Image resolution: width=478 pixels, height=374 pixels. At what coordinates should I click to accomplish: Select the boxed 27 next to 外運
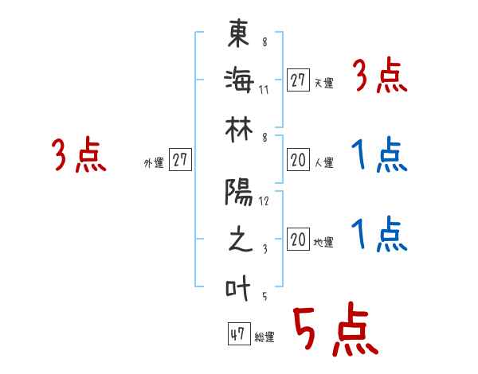[180, 160]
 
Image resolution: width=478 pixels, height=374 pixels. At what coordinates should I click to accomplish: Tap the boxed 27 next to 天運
[298, 80]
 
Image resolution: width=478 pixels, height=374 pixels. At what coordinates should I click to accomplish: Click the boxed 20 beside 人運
[298, 160]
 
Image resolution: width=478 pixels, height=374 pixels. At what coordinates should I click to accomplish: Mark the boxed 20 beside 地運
[298, 240]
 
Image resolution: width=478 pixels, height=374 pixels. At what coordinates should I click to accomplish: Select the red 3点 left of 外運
[79, 155]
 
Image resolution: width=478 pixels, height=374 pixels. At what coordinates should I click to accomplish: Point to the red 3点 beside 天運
[379, 77]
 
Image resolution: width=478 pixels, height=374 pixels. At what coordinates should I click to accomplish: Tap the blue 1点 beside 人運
[379, 155]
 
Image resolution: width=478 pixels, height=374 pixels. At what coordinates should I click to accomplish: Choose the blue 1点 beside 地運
[379, 236]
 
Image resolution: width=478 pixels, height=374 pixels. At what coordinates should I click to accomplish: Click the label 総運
[264, 337]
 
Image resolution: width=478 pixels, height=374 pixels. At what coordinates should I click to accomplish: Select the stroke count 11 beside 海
[264, 89]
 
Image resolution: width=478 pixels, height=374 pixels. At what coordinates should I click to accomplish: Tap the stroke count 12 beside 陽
[264, 201]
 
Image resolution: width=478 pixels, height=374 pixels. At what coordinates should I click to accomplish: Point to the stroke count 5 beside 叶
[264, 297]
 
